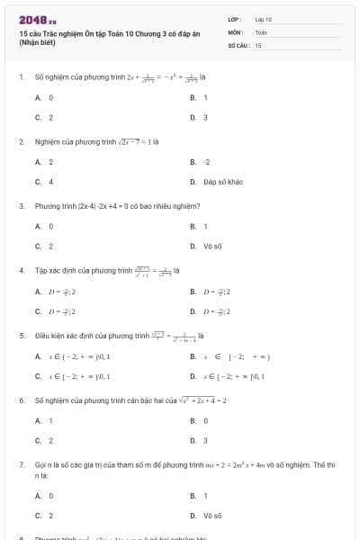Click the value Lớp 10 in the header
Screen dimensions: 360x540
263,18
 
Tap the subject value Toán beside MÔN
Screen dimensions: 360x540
261,31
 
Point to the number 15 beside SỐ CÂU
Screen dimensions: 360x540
258,44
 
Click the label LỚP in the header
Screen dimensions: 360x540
235,18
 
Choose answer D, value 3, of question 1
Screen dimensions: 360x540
205,117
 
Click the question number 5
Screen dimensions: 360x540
21,336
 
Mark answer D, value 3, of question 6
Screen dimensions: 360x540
205,440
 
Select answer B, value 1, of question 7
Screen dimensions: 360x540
205,496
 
